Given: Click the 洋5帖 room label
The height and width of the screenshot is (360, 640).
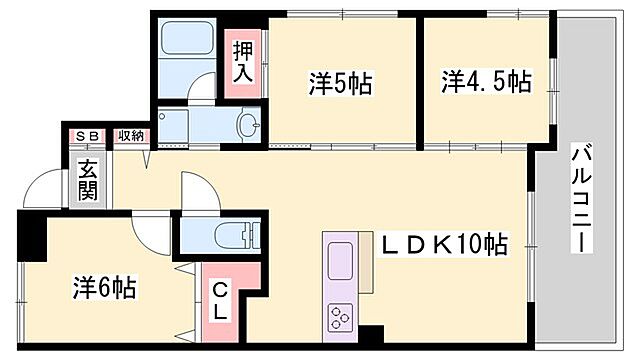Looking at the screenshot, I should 340,84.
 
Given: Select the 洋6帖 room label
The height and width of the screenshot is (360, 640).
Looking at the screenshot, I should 104,288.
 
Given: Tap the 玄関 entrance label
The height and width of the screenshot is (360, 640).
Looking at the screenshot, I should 89,180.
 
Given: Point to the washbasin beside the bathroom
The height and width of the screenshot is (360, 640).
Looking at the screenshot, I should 246,125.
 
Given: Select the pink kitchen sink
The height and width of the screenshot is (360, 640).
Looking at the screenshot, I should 339,263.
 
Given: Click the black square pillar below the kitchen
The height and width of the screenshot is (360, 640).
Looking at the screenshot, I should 371,337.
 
